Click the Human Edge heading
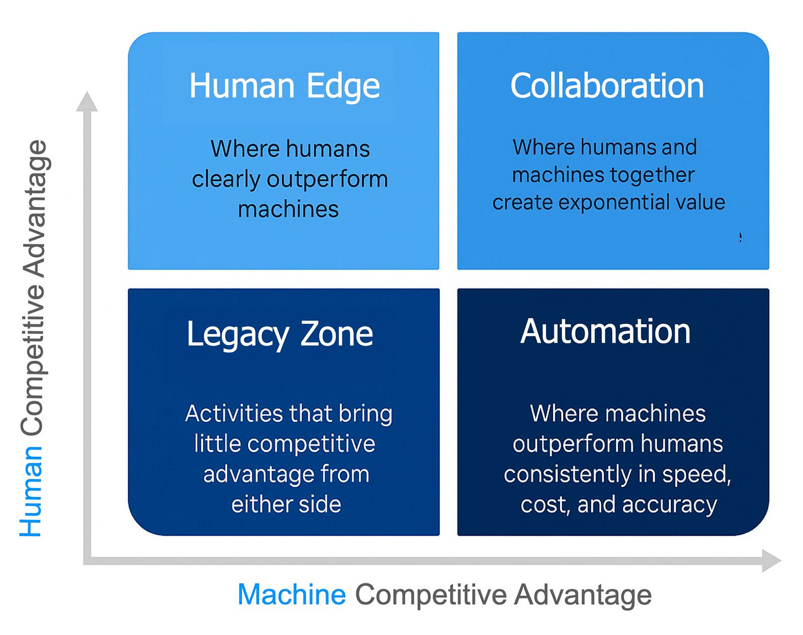coord(285,87)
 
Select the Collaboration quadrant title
coord(607,86)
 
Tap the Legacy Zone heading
coord(280,334)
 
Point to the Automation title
coord(605,332)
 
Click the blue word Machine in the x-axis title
coord(291,595)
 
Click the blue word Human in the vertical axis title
coord(31,492)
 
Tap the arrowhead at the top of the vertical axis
coord(87,103)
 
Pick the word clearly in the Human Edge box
coord(226,180)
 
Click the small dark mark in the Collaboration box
coord(740,237)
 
